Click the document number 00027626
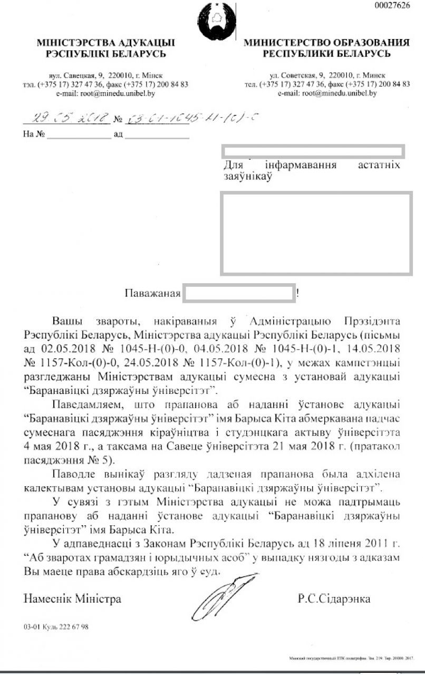point(392,5)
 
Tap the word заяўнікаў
point(248,178)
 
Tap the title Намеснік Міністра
point(72,599)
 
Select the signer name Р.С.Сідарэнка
point(334,599)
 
